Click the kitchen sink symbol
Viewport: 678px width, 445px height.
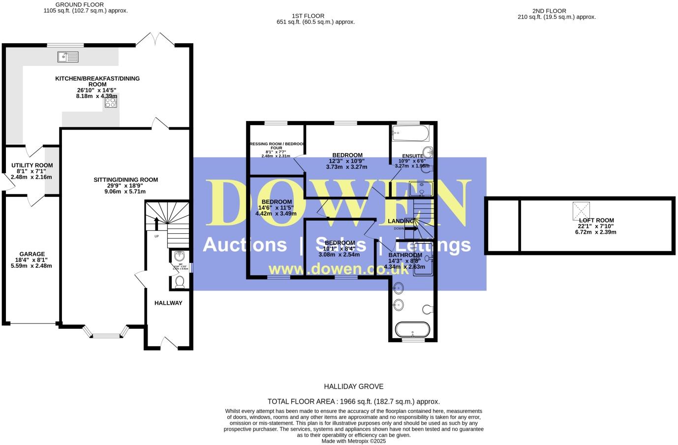(x=68, y=57)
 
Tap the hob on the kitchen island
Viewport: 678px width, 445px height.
(x=111, y=102)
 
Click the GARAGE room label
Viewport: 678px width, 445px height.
(x=32, y=254)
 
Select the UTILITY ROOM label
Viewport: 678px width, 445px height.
(x=32, y=165)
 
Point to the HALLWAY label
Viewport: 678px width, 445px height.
(x=168, y=303)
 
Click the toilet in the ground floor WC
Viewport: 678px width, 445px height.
(x=180, y=282)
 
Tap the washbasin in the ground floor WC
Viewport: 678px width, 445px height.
(x=180, y=256)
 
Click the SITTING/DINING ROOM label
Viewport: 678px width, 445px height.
(x=125, y=180)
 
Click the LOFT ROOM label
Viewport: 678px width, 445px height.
(x=596, y=221)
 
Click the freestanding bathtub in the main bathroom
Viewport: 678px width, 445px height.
(x=413, y=329)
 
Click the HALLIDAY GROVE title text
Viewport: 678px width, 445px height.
(x=353, y=386)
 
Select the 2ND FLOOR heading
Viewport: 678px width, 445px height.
(x=549, y=11)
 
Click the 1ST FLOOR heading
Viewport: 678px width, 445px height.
(x=308, y=16)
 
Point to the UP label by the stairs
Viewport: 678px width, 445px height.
(x=156, y=237)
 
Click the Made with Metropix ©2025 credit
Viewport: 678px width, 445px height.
(x=353, y=441)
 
